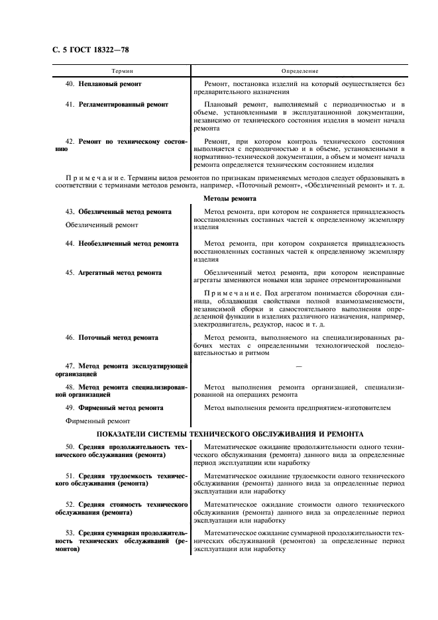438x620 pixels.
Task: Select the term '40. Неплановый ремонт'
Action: point(103,84)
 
